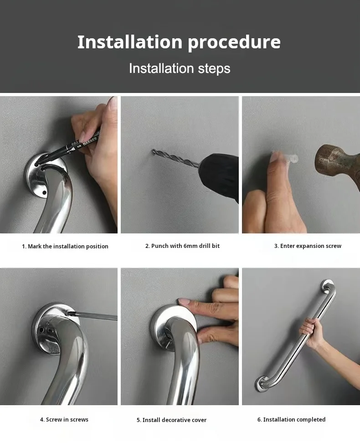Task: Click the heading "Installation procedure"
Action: (179, 42)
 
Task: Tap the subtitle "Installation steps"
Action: (180, 68)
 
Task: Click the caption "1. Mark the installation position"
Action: (65, 246)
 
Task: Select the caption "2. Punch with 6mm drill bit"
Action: (182, 246)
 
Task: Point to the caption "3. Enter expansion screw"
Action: (308, 246)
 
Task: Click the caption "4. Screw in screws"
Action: (64, 419)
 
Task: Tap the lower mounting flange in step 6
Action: (264, 384)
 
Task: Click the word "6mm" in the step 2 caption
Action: (189, 246)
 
